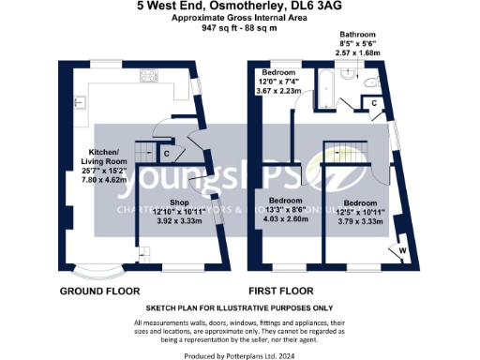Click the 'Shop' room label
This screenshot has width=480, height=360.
[178, 202]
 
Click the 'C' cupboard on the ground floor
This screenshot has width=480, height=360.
[166, 153]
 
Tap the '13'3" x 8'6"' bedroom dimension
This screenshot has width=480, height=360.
[288, 211]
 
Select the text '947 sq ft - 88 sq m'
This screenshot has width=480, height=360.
[240, 28]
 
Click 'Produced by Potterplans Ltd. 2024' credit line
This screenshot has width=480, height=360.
[240, 353]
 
